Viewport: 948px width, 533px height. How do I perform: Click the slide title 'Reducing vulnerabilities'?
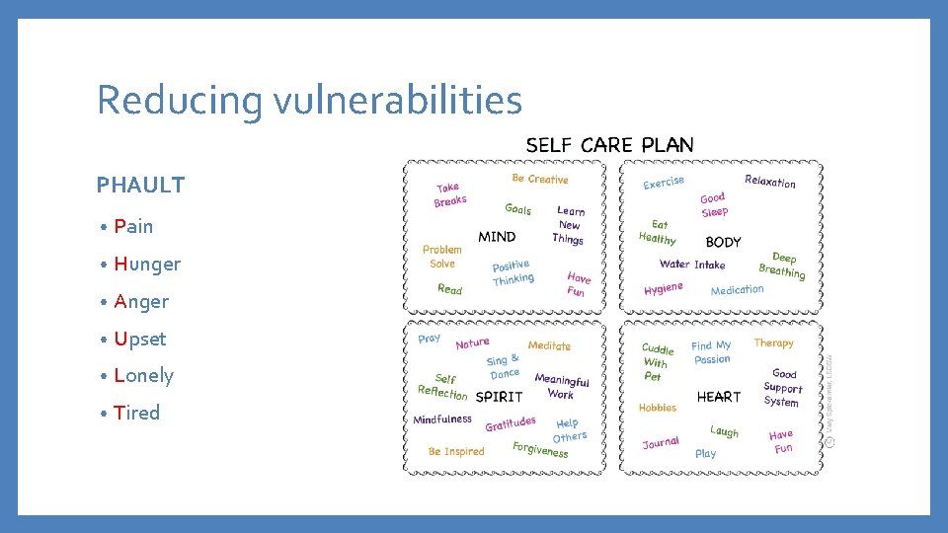coord(309,101)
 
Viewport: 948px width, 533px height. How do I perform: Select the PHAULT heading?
coord(140,186)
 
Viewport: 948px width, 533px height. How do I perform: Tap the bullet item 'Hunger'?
coord(147,264)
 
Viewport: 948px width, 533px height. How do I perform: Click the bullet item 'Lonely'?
coord(143,375)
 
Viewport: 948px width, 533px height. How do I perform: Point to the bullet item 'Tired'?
coord(136,413)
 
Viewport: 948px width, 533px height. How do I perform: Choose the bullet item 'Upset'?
coord(140,339)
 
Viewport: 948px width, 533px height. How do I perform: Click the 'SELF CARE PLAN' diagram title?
coord(609,145)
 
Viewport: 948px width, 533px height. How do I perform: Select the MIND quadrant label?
coord(497,237)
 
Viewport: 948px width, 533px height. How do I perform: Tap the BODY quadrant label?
coord(723,242)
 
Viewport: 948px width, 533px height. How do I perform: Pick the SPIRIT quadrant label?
coord(499,397)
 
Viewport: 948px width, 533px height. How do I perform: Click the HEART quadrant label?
coord(718,397)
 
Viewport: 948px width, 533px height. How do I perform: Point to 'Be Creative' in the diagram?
coord(540,179)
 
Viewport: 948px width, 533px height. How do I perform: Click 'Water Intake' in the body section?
coord(692,265)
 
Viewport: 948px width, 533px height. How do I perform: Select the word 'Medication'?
coord(737,289)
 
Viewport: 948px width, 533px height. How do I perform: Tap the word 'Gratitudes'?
coord(510,423)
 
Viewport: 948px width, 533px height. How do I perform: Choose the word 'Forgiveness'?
coord(540,450)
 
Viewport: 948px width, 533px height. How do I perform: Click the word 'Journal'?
coord(661,443)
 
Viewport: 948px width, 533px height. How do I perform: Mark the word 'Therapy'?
coord(773,343)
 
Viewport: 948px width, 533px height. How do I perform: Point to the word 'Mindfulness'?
coord(442,419)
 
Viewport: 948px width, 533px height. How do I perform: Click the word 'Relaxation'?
coord(769,182)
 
